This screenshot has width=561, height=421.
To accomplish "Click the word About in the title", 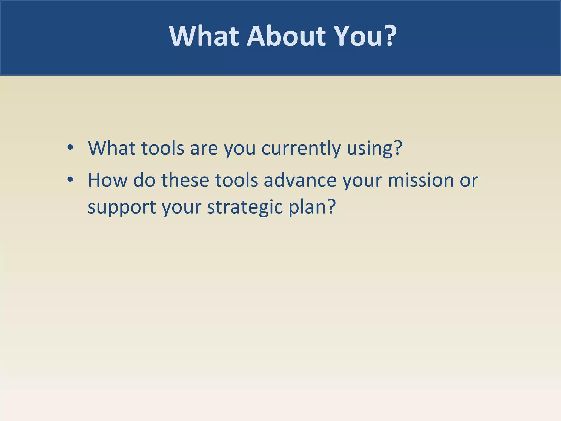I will [286, 36].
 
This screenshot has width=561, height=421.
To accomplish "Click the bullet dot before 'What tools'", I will [70, 147].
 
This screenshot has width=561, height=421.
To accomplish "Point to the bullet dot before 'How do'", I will [70, 180].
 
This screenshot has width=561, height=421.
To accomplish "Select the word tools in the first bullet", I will [163, 148].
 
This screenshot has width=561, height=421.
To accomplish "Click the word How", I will [108, 180].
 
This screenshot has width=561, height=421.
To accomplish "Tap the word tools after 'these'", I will [236, 180].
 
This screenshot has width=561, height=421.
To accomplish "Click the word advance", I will [300, 180].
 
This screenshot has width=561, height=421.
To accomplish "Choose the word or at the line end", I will [469, 181].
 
